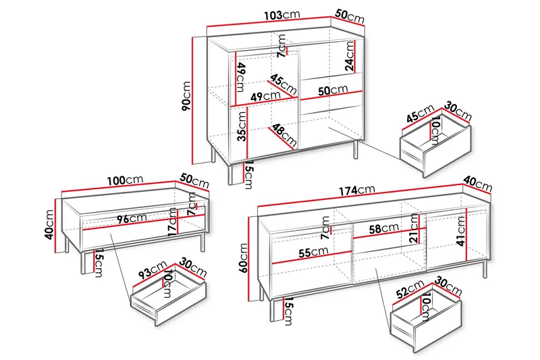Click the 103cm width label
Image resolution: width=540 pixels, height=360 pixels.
pyautogui.click(x=282, y=15)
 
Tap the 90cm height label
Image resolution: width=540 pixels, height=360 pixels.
pyautogui.click(x=186, y=96)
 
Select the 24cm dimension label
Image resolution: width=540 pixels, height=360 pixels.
pyautogui.click(x=349, y=56)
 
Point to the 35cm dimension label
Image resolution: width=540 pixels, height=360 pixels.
pyautogui.click(x=242, y=126)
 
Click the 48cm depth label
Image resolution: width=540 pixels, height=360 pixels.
pyautogui.click(x=284, y=134)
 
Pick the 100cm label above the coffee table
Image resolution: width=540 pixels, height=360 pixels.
pyautogui.click(x=125, y=180)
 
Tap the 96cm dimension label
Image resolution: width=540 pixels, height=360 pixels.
pyautogui.click(x=132, y=218)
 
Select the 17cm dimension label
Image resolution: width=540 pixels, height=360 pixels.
pyautogui.click(x=172, y=222)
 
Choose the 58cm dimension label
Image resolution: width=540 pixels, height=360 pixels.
pyautogui.click(x=384, y=228)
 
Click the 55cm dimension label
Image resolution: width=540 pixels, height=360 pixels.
pyautogui.click(x=313, y=252)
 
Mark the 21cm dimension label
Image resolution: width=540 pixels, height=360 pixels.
pyautogui.click(x=414, y=228)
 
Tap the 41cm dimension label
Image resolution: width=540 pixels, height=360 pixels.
pyautogui.click(x=460, y=231)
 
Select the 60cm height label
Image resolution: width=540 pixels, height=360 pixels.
pyautogui.click(x=243, y=258)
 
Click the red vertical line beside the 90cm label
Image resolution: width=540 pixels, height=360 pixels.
pyautogui.click(x=193, y=101)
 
